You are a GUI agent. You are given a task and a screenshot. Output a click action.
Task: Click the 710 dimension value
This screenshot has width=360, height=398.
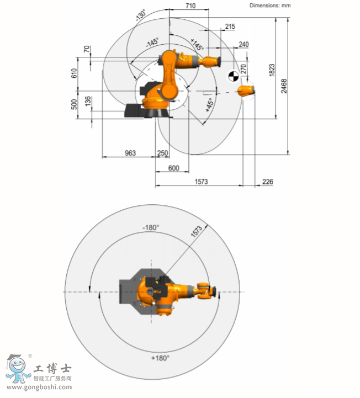point(190,6)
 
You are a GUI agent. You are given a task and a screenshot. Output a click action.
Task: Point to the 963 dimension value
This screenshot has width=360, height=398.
point(130,152)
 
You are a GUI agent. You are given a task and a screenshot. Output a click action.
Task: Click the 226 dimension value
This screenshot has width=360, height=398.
point(267,182)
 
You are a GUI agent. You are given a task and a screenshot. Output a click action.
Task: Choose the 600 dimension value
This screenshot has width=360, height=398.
point(173,168)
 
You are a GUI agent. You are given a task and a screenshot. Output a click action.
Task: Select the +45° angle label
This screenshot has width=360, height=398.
point(209,106)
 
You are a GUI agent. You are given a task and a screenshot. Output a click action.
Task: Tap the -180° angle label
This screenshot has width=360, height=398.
point(151,227)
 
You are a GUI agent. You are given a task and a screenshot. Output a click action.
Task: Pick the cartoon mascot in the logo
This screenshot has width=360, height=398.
point(17,368)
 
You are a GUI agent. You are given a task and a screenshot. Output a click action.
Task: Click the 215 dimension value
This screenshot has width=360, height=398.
point(230,26)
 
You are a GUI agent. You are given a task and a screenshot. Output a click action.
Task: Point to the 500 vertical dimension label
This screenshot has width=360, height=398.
point(75,104)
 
